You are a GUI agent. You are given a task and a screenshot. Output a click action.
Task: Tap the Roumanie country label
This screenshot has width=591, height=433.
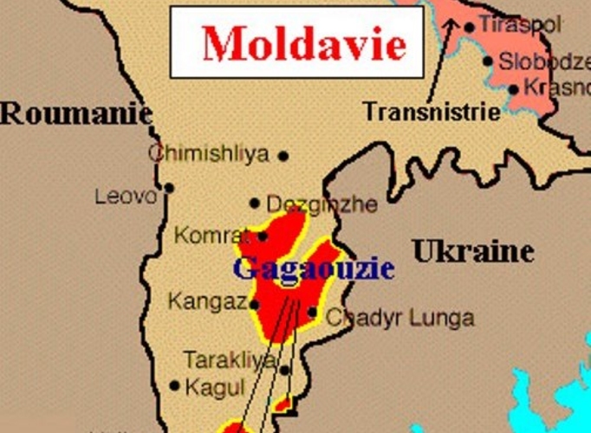(x=76, y=113)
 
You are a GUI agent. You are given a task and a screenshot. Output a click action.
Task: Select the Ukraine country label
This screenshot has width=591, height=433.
(x=472, y=252)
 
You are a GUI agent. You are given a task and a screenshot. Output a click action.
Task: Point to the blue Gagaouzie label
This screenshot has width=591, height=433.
(x=313, y=268)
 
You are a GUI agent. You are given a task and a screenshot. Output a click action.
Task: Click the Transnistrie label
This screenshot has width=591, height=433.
(x=432, y=112)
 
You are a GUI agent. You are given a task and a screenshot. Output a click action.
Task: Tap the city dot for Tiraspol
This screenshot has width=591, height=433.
(x=470, y=27)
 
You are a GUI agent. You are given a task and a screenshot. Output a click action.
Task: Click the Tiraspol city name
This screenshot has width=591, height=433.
(x=520, y=25)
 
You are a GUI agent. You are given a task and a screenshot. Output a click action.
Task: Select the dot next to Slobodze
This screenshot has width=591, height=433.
(x=488, y=61)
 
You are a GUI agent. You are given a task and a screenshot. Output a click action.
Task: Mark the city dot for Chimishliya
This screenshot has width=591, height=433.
(x=283, y=156)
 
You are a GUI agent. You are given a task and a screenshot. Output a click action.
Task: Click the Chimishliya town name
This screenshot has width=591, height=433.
(x=209, y=154)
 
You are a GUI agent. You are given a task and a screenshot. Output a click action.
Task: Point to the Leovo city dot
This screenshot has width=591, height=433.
(x=169, y=187)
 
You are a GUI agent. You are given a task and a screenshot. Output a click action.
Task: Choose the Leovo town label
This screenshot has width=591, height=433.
(x=127, y=197)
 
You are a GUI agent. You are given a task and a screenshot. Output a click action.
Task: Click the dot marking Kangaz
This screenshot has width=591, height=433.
(x=254, y=304)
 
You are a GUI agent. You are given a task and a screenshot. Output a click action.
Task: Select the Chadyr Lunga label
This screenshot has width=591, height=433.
(x=399, y=318)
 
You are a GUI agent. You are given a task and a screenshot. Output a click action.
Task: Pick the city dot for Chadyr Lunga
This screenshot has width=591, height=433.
(x=312, y=313)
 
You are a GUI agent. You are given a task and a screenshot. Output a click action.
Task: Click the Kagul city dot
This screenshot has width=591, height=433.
(x=175, y=385)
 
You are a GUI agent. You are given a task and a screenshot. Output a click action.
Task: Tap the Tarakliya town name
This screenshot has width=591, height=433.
(x=230, y=359)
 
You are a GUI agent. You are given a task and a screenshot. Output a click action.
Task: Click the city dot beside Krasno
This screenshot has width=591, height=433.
(x=514, y=88)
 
